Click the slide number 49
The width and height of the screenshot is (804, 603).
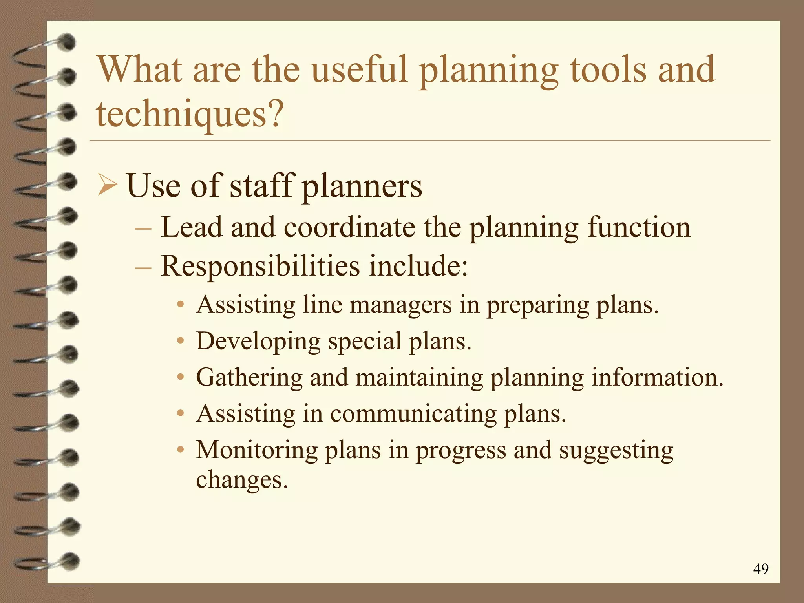coord(761,569)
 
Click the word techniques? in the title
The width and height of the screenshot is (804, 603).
coord(190,114)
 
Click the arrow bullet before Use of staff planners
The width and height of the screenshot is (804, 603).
coord(107,185)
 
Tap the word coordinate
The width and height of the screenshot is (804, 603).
coord(349,228)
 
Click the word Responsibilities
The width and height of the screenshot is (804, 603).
coord(260,266)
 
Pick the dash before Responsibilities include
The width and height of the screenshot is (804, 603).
coord(143,267)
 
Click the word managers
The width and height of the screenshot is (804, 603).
coord(400,305)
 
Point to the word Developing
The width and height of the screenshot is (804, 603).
coord(258,341)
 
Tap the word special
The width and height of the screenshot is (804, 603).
coord(365,341)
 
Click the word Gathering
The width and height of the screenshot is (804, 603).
coord(249,377)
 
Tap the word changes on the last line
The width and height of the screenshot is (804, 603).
coord(242,480)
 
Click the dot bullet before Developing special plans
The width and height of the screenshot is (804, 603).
coord(181,341)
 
